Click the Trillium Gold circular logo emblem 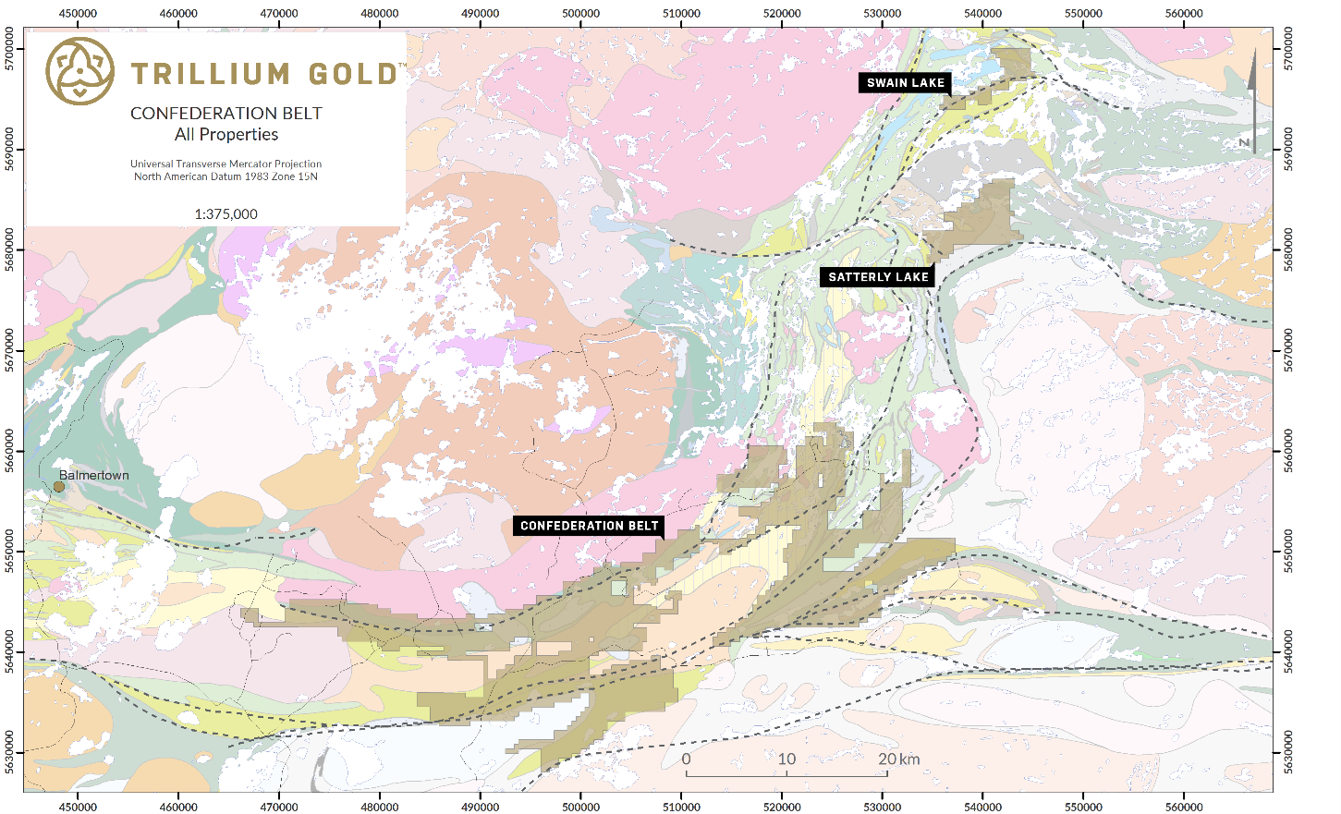[80, 71]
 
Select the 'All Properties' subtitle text [226, 135]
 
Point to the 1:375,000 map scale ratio [226, 214]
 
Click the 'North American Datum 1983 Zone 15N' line [226, 176]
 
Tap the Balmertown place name [94, 475]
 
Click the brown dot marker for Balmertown [59, 487]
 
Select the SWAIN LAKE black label [905, 83]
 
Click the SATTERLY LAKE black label [878, 277]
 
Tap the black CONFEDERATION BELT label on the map [589, 526]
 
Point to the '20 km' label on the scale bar [898, 759]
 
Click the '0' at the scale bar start [686, 759]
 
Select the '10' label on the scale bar [786, 759]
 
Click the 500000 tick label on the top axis [580, 13]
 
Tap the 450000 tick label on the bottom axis [78, 807]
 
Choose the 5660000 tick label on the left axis [10, 450]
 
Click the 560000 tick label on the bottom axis [1184, 807]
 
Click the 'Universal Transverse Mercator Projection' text [226, 164]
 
